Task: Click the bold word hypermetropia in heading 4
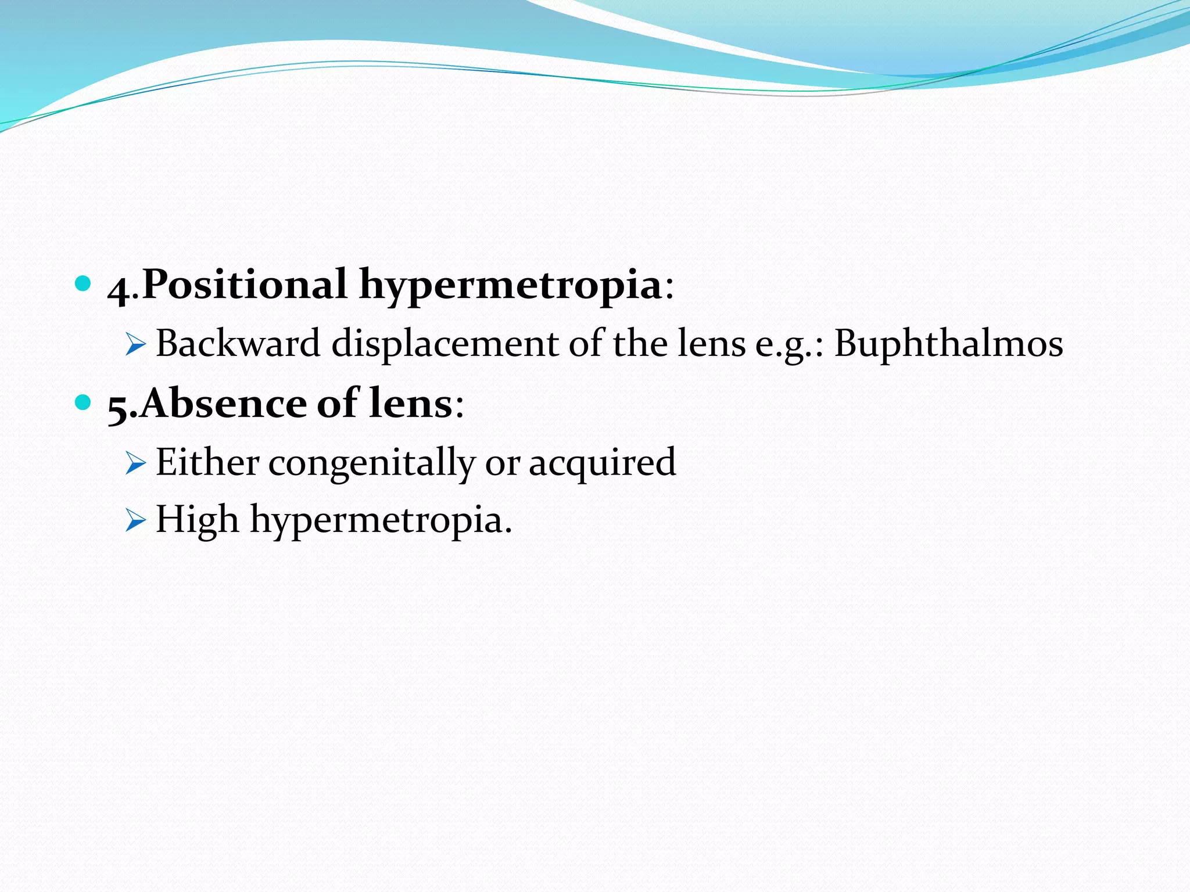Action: click(511, 286)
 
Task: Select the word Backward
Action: click(238, 343)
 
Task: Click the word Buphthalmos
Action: click(948, 343)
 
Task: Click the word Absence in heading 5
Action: click(223, 403)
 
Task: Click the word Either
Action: click(207, 462)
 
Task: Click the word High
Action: click(197, 519)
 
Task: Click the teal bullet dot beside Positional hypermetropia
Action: click(84, 283)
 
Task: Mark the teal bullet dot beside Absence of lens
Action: click(84, 401)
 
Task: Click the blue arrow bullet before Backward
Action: click(135, 345)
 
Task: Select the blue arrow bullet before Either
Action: click(135, 464)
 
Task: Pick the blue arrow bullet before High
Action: click(135, 520)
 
